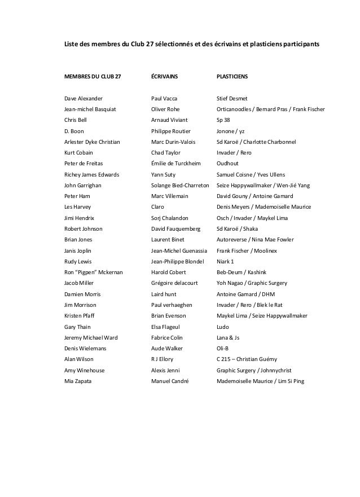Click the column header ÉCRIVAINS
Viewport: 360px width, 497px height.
pos(164,76)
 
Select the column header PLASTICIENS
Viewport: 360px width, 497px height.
pos(232,76)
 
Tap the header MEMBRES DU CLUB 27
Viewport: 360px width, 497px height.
pos(92,76)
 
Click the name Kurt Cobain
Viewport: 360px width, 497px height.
pos(79,152)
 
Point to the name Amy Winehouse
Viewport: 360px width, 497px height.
pos(85,370)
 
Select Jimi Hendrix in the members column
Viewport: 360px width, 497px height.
pos(80,218)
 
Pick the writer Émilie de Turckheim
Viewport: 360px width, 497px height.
pos(177,164)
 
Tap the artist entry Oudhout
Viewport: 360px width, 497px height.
pos(229,164)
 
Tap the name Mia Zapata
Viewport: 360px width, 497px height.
pos(78,381)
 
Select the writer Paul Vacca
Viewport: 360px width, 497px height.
pos(164,98)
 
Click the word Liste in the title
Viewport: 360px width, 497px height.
pos(72,45)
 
